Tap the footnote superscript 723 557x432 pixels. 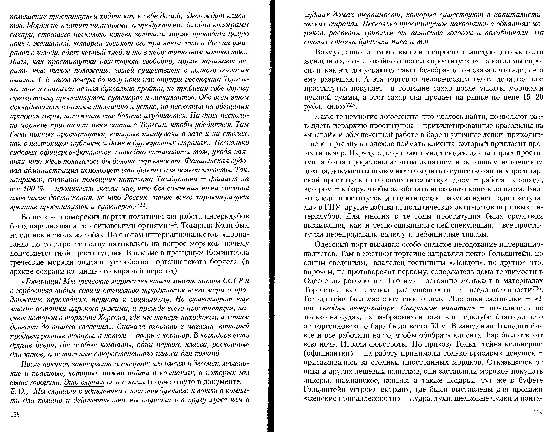click(x=142, y=205)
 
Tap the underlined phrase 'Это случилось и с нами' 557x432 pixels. click(x=104, y=382)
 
